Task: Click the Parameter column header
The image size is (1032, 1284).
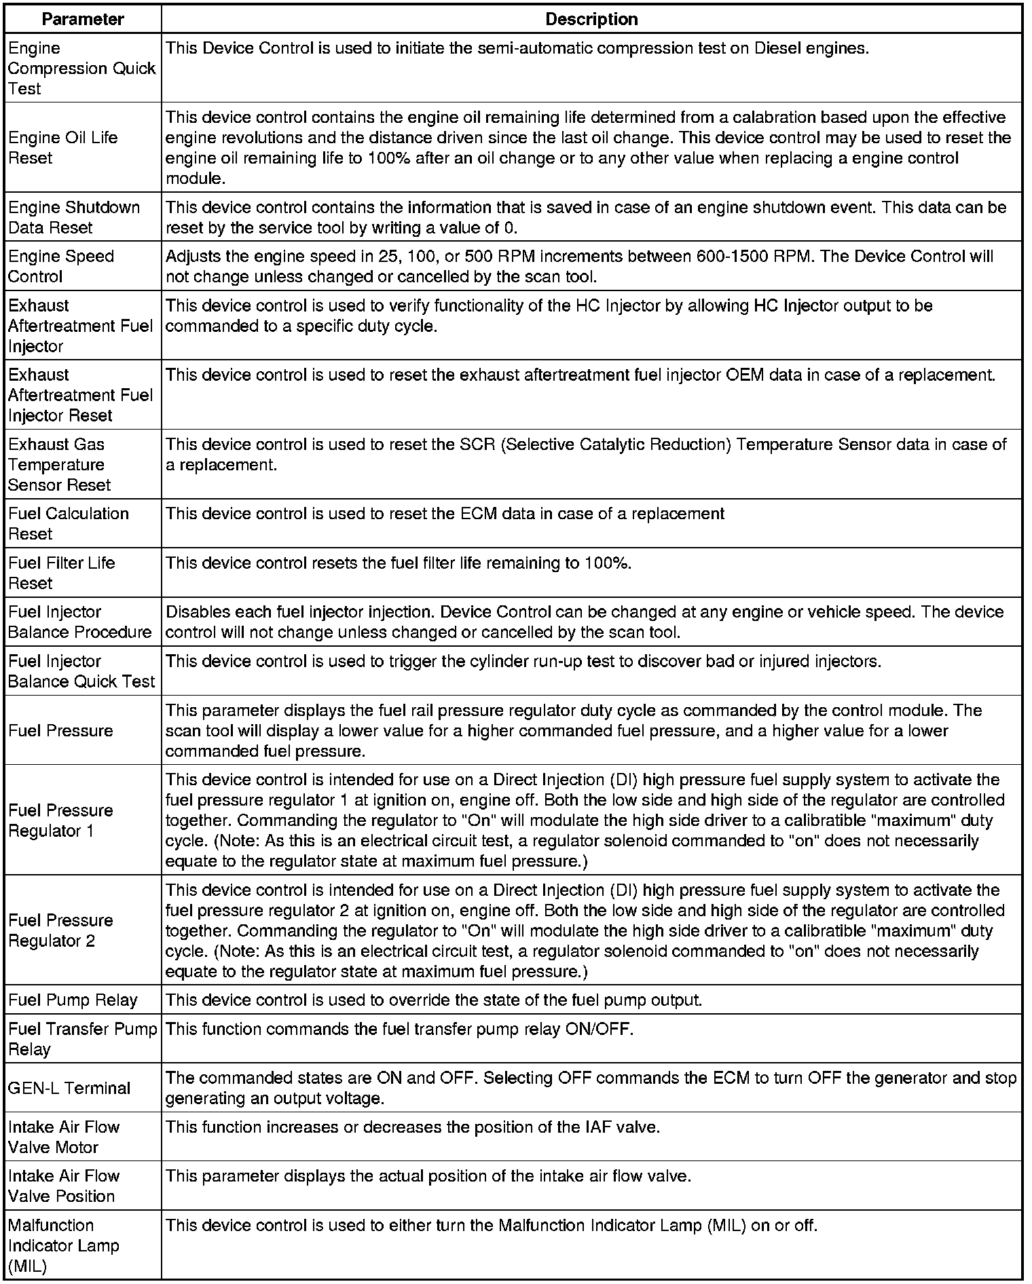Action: pyautogui.click(x=83, y=19)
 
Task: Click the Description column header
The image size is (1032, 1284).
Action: pyautogui.click(x=591, y=19)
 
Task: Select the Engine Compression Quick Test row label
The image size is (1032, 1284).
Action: pyautogui.click(x=81, y=69)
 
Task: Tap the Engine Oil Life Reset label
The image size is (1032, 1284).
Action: pyautogui.click(x=63, y=148)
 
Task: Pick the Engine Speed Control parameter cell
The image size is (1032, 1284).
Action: pyautogui.click(x=61, y=267)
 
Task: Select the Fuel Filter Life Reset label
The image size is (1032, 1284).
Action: pyautogui.click(x=62, y=573)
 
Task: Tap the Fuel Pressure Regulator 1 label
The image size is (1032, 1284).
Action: pyautogui.click(x=60, y=820)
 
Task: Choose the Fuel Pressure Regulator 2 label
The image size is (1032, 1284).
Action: pyautogui.click(x=60, y=931)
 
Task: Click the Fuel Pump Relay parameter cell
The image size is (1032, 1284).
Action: pyautogui.click(x=73, y=1000)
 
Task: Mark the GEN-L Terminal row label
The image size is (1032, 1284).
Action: pyautogui.click(x=69, y=1089)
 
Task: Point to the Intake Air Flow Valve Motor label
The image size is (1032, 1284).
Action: pyautogui.click(x=64, y=1137)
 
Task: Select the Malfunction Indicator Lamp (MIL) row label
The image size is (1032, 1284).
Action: pyautogui.click(x=64, y=1246)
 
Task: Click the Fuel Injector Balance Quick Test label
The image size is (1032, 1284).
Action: pyautogui.click(x=81, y=672)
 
